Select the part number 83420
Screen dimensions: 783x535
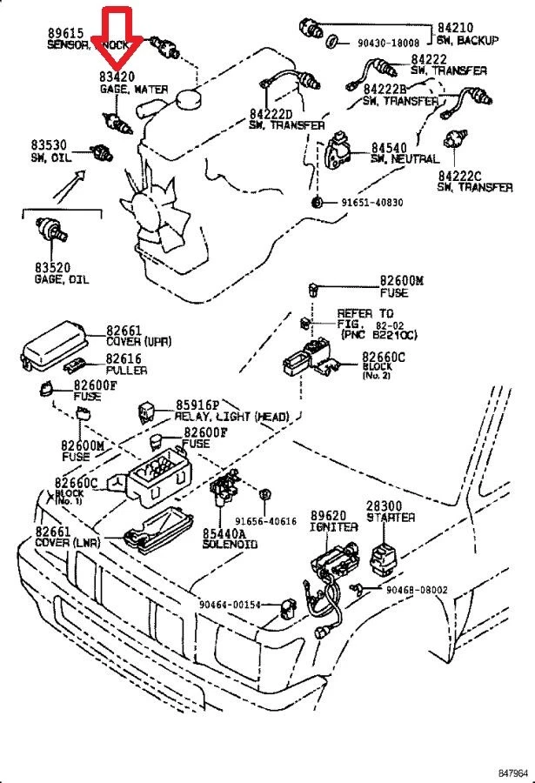[117, 77]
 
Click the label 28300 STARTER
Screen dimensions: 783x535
[390, 511]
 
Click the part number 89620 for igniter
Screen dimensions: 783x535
[329, 515]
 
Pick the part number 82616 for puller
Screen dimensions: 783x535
[124, 358]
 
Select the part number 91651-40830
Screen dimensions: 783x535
[371, 202]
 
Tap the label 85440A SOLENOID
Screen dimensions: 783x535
[230, 538]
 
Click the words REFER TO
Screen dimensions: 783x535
[365, 313]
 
